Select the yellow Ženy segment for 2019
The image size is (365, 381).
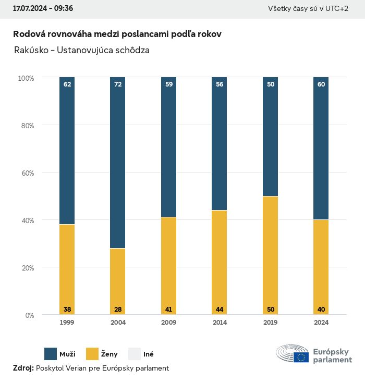pyautogui.click(x=270, y=255)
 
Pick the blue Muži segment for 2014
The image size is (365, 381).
pyautogui.click(x=220, y=144)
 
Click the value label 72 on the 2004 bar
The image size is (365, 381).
pyautogui.click(x=118, y=84)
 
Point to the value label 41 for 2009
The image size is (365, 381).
pyautogui.click(x=168, y=310)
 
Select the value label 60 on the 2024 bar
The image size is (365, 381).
pyautogui.click(x=321, y=84)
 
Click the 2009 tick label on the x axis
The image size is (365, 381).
pyautogui.click(x=168, y=323)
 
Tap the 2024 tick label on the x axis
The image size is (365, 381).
pyautogui.click(x=321, y=323)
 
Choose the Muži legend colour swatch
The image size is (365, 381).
pyautogui.click(x=51, y=354)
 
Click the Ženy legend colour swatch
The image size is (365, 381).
pyautogui.click(x=92, y=354)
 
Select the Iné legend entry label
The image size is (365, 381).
pyautogui.click(x=148, y=354)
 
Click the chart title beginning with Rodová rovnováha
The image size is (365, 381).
pyautogui.click(x=117, y=34)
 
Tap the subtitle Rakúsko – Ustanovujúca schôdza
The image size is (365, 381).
pyautogui.click(x=82, y=51)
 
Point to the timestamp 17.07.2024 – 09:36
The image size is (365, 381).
pyautogui.click(x=43, y=9)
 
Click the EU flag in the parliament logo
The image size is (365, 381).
pyautogui.click(x=301, y=357)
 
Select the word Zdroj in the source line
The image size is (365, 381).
pyautogui.click(x=22, y=368)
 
